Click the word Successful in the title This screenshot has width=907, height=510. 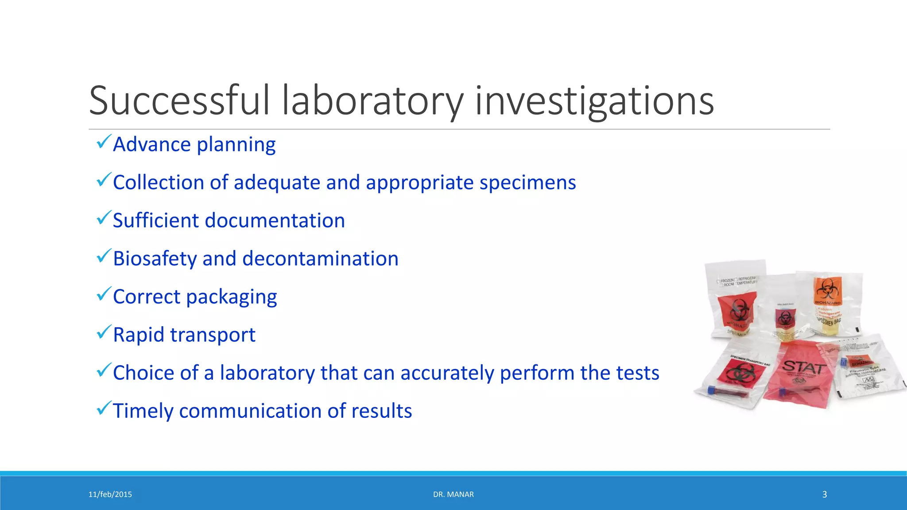(179, 101)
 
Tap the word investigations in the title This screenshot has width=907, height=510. (594, 101)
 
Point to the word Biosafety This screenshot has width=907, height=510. (155, 259)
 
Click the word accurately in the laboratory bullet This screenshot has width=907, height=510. (447, 373)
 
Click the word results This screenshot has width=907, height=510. (381, 411)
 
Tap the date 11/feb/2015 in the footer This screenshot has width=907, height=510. (110, 495)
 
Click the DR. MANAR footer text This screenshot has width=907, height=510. (453, 495)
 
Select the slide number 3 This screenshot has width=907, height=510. (824, 495)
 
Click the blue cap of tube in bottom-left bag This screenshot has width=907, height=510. (712, 390)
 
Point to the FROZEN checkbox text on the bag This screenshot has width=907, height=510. (727, 281)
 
